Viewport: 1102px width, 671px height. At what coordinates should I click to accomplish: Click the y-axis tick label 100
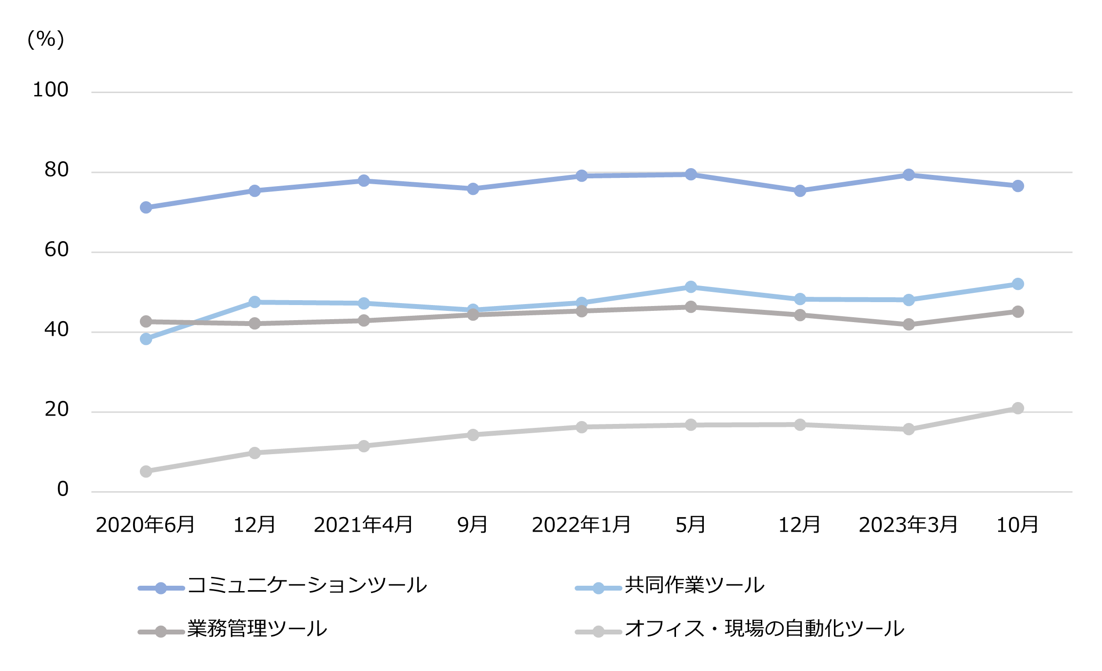(x=50, y=90)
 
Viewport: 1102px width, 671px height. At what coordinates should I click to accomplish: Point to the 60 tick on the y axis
(x=57, y=250)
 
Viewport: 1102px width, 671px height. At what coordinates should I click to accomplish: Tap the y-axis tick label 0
(x=62, y=489)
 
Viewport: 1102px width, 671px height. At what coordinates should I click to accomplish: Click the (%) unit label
(x=46, y=39)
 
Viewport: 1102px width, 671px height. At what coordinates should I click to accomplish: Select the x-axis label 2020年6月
(x=145, y=525)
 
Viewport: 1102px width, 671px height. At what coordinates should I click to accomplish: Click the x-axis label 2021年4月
(x=363, y=525)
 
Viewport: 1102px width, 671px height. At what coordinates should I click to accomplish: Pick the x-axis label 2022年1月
(x=581, y=525)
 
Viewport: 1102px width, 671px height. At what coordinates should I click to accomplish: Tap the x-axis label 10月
(x=1017, y=525)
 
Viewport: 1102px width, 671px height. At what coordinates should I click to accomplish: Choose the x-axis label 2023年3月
(x=908, y=525)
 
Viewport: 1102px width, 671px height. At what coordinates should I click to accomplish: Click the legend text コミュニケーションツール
(x=307, y=585)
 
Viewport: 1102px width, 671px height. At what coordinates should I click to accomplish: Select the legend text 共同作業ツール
(x=695, y=585)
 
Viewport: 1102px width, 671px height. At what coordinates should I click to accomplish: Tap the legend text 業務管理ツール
(x=257, y=629)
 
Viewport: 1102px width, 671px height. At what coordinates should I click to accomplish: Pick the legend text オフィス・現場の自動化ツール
(x=764, y=629)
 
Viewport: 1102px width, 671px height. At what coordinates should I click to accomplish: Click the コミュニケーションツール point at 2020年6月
(x=146, y=208)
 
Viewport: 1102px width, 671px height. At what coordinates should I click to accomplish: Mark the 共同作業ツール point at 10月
(x=1018, y=284)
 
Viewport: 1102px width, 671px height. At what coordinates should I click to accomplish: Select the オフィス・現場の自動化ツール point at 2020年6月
(x=146, y=471)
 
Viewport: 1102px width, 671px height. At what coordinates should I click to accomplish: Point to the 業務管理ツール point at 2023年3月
(x=909, y=325)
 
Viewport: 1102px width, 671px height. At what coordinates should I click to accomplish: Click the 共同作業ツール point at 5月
(x=691, y=287)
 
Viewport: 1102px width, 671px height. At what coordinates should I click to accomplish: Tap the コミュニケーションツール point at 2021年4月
(x=364, y=181)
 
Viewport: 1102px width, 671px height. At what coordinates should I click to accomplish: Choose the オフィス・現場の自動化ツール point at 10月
(x=1018, y=408)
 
